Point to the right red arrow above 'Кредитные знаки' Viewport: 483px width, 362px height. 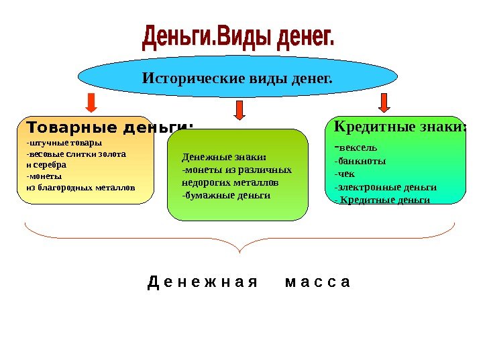[x=384, y=103]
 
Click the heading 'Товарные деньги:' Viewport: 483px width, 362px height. [x=109, y=127]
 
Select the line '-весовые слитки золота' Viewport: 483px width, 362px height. [x=75, y=154]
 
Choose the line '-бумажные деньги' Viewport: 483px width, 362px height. [x=226, y=195]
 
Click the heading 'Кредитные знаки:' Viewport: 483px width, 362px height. [x=400, y=126]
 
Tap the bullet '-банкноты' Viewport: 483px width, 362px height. [x=360, y=161]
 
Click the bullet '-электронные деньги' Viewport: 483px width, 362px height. [x=385, y=187]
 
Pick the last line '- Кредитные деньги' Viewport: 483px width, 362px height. [x=382, y=200]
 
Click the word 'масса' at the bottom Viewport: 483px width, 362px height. [x=317, y=282]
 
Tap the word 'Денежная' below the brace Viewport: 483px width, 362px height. [x=202, y=282]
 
